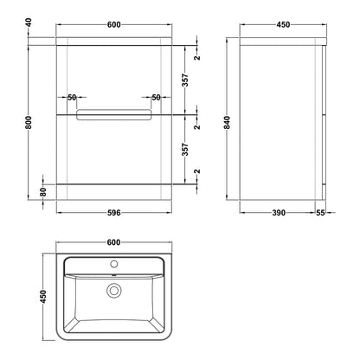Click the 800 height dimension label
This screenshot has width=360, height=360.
(x=29, y=123)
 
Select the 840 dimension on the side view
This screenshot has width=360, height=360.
(x=228, y=123)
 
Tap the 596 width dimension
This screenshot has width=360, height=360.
(x=114, y=213)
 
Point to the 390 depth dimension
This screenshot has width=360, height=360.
(x=279, y=213)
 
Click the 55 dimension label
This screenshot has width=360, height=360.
(x=320, y=213)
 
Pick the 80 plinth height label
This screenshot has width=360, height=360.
(x=43, y=192)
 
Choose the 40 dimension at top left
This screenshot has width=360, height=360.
(x=29, y=22)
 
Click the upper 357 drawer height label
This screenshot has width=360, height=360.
(x=186, y=80)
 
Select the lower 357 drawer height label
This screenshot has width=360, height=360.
(x=186, y=150)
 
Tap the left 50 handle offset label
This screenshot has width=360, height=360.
(x=72, y=98)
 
